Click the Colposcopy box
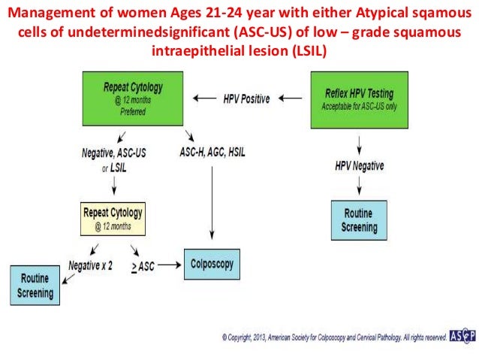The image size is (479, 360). (x=212, y=264)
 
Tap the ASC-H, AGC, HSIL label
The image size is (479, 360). (x=213, y=152)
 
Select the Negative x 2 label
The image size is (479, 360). (x=92, y=265)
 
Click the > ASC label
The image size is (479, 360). (x=142, y=266)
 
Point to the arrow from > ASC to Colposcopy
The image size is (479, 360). (x=170, y=265)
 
